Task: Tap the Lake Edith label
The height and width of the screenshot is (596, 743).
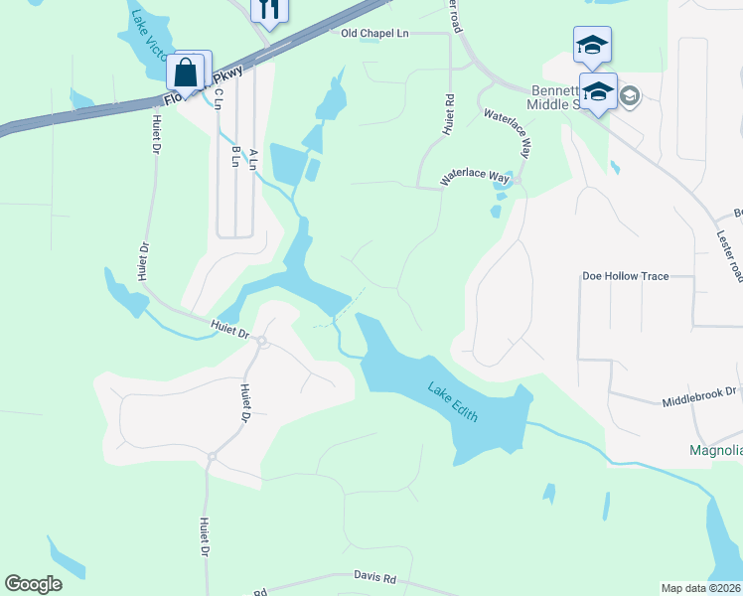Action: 454,402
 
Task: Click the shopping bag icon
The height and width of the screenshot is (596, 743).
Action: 186,72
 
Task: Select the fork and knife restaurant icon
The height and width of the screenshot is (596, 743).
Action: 268,10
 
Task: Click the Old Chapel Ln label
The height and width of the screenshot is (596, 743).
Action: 374,33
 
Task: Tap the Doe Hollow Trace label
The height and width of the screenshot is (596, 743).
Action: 625,275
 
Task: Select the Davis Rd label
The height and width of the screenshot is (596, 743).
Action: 375,577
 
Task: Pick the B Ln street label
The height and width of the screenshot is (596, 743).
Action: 235,157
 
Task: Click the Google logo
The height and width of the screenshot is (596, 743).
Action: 33,584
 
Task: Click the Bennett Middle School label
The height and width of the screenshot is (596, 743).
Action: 548,95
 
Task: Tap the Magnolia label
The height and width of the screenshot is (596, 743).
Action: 715,450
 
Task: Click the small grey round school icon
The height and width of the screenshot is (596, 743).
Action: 628,95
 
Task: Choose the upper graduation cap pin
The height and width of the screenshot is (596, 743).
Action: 592,45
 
